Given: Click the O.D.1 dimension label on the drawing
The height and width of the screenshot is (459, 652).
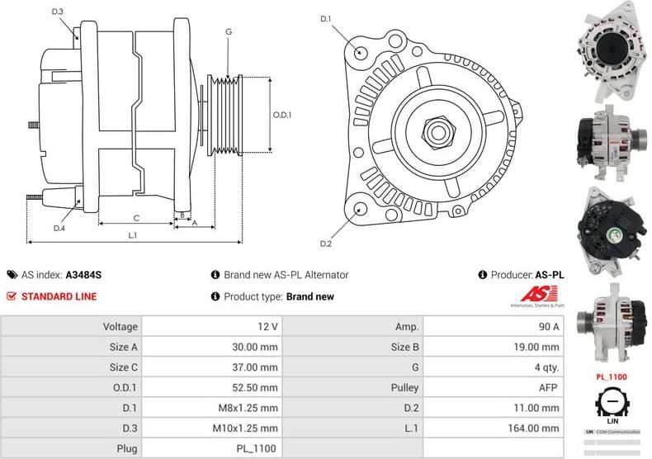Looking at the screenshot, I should (x=282, y=115).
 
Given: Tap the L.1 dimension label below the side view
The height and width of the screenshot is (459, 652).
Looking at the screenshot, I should (x=132, y=235).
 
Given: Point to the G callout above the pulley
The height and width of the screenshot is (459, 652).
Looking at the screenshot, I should (x=228, y=32).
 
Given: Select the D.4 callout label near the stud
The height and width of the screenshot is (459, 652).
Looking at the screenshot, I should (x=59, y=228).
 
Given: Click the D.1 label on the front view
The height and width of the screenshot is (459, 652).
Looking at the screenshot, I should (x=325, y=18).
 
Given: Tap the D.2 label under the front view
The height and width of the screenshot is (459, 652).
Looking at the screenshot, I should (x=325, y=244).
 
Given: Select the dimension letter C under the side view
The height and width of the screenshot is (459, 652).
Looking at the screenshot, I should (x=135, y=218).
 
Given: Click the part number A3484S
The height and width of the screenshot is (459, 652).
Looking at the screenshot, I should (x=83, y=275).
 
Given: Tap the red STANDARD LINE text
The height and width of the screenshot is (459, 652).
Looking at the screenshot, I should (x=59, y=296).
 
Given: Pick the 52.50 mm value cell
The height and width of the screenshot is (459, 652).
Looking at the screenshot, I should (x=213, y=387).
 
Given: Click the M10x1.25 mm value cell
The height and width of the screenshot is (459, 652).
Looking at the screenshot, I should (x=213, y=428).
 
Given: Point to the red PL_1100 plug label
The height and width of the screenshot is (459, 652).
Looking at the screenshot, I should (x=612, y=376).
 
